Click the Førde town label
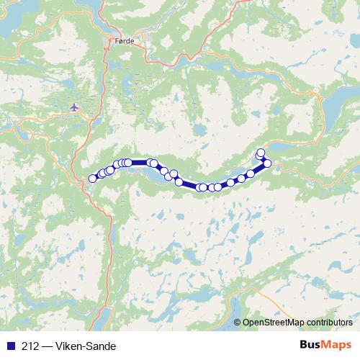[124, 42]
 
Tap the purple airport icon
[74, 108]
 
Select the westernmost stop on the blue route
[92, 179]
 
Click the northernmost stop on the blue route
[261, 152]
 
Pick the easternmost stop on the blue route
[267, 163]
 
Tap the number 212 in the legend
[30, 346]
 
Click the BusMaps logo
[325, 346]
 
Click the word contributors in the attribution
[330, 323]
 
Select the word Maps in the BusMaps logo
[337, 346]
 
